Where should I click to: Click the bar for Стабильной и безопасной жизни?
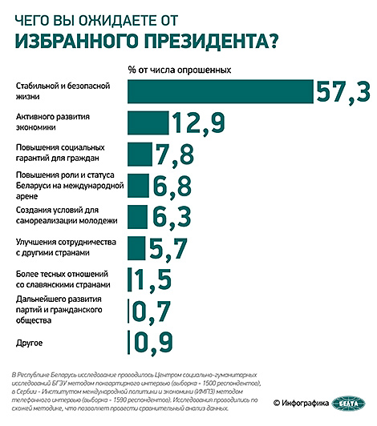(x=221, y=91)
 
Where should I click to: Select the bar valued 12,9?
(x=148, y=123)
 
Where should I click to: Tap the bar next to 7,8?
(x=140, y=155)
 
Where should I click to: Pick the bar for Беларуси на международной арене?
(x=138, y=186)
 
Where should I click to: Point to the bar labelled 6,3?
(x=137, y=217)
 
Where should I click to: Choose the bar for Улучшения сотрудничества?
(x=136, y=248)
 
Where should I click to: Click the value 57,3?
(x=343, y=92)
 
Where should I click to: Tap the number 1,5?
(x=153, y=279)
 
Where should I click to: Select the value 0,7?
(x=152, y=311)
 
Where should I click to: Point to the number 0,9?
(x=152, y=343)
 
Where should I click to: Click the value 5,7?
(x=168, y=248)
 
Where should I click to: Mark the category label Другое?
(x=29, y=343)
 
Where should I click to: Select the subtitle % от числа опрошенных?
(x=180, y=70)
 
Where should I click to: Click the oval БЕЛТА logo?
(x=348, y=404)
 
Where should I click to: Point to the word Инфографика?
(x=305, y=404)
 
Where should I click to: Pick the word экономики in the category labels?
(x=35, y=127)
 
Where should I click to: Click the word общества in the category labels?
(x=34, y=320)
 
